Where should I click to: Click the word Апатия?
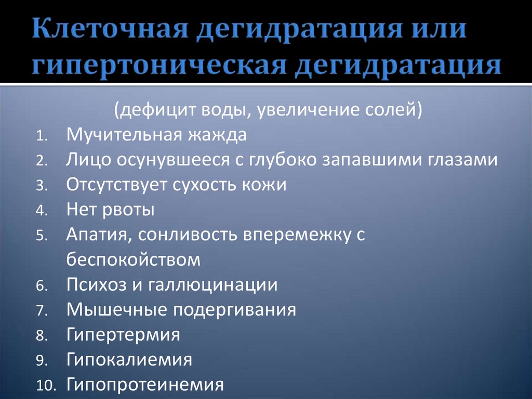[x=99, y=235]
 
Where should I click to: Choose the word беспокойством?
[x=134, y=260]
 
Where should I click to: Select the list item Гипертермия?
[x=124, y=334]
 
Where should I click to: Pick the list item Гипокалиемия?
[x=129, y=359]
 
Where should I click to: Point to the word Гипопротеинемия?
[x=145, y=384]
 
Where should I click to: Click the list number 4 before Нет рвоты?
[x=42, y=211]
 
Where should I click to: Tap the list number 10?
[x=44, y=385]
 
